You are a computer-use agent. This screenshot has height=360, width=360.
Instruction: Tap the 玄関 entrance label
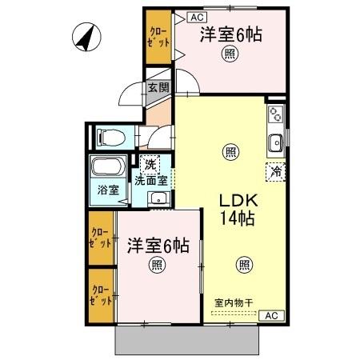[x=158, y=88]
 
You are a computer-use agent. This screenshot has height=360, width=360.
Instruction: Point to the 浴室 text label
[x=107, y=190]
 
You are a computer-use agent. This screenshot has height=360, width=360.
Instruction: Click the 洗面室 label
[x=151, y=180]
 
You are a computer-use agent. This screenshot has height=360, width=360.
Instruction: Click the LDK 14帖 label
[x=238, y=209]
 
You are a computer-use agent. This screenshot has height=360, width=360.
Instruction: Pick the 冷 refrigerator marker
[x=275, y=170]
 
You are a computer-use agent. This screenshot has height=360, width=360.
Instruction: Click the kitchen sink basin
[x=276, y=143]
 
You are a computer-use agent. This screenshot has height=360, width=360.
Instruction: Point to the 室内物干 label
[x=233, y=303]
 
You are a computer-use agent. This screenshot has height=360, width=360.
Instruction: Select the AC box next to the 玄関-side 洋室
[x=198, y=15]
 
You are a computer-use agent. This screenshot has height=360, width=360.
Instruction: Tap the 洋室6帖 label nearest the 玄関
[x=231, y=34]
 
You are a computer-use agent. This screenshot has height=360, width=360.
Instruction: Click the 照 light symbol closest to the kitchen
[x=230, y=151]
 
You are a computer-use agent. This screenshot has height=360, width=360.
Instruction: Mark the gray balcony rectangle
[x=189, y=342]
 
